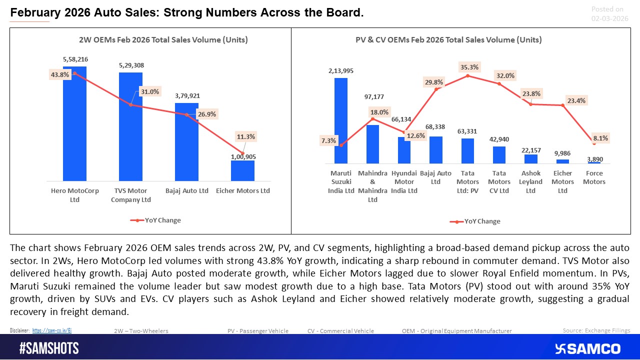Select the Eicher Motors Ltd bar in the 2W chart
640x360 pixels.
pos(242,171)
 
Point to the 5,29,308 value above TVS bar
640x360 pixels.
pos(130,65)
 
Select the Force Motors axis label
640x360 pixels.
pos(594,177)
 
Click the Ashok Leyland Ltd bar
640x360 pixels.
pos(530,159)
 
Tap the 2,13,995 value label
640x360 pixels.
pos(340,71)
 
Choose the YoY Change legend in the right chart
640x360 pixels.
pos(476,221)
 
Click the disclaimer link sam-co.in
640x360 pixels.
pos(52,330)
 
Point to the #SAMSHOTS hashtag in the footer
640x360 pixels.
pos(49,348)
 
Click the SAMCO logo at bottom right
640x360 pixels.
pos(587,348)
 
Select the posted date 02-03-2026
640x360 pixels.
pos(609,18)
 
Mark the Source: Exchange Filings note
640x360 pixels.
pos(596,330)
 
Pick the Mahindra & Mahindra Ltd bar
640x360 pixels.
pos(372,144)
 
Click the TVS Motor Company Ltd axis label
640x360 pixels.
pos(130,195)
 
